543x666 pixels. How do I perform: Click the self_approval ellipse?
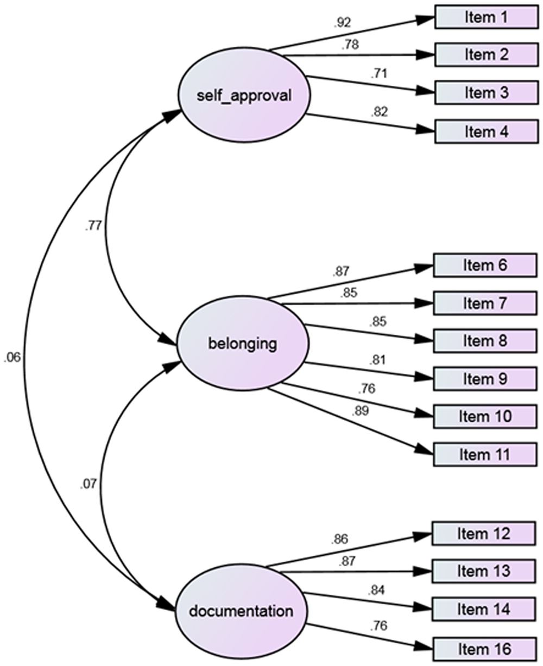244,96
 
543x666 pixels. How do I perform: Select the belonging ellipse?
243,343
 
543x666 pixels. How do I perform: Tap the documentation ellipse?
241,611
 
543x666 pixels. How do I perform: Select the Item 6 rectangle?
485,265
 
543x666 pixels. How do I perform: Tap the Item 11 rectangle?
485,454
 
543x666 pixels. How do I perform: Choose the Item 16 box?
484,649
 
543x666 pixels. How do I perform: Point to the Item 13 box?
484,571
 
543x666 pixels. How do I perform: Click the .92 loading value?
343,23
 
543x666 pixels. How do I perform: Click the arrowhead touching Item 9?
424,378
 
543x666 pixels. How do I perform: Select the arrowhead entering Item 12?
422,535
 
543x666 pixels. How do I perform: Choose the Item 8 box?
485,341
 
